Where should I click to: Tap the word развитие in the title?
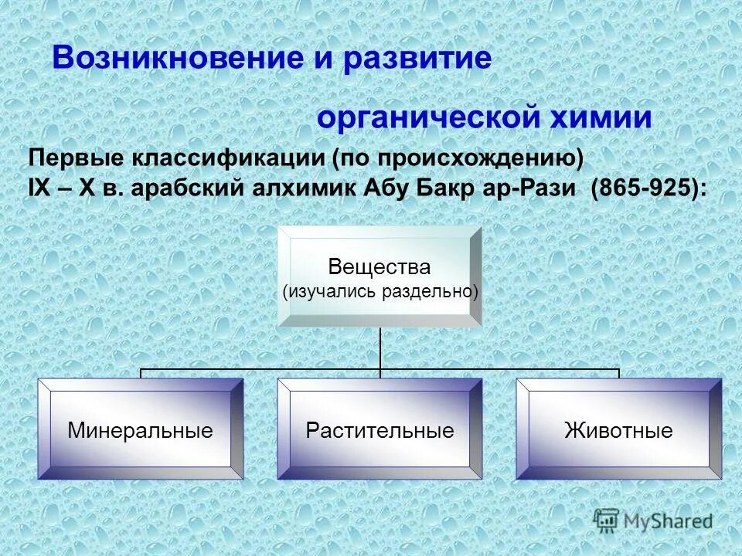[x=418, y=59]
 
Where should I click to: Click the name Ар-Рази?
[x=533, y=188]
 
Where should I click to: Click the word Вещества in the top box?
[x=379, y=267]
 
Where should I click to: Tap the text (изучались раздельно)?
[x=380, y=291]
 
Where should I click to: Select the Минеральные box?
[x=140, y=429]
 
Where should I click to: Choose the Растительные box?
[x=380, y=429]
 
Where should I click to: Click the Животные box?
[x=618, y=429]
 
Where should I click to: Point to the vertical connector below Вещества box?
[x=380, y=347]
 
